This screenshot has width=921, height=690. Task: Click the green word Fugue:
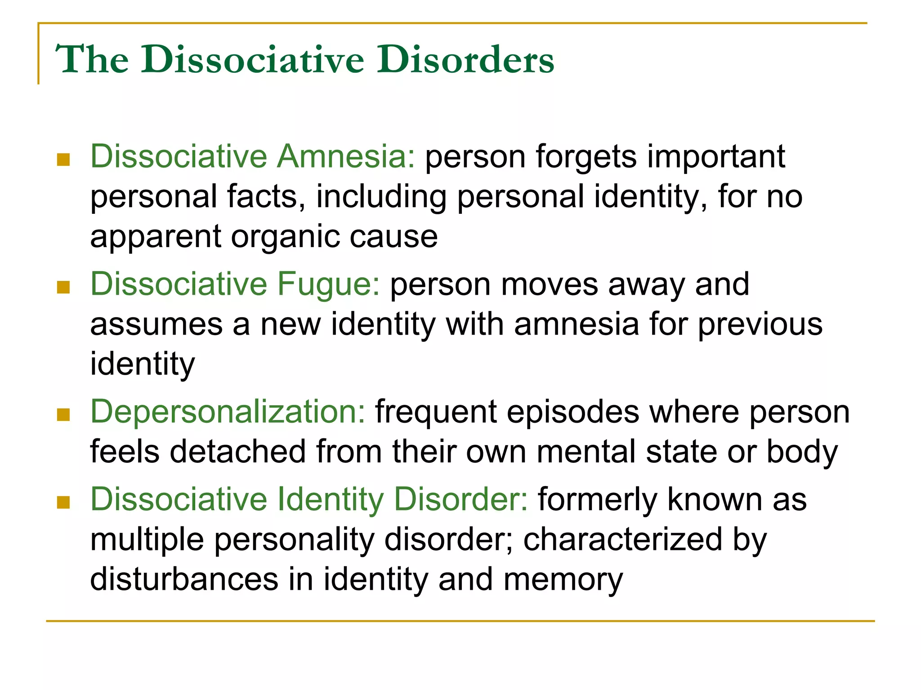point(329,284)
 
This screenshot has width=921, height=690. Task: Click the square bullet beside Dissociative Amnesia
point(63,159)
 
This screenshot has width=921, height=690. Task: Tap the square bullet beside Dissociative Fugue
point(63,287)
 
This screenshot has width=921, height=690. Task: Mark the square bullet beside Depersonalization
point(63,415)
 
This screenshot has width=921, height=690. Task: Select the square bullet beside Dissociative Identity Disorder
point(63,502)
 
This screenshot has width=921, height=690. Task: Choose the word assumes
point(156,325)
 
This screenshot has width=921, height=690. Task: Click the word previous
point(760,324)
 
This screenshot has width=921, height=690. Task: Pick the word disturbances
point(184,579)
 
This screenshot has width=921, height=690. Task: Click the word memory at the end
point(563,580)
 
